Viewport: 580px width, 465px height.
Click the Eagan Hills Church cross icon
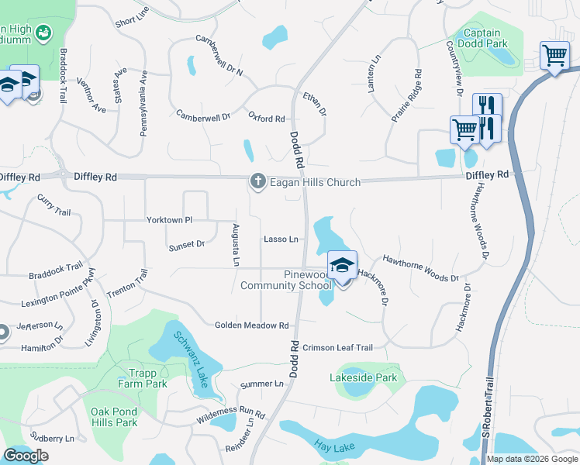[257, 181]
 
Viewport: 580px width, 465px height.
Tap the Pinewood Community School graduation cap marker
[341, 266]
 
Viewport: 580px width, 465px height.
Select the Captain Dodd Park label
[485, 39]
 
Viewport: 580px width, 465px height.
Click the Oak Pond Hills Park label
[114, 417]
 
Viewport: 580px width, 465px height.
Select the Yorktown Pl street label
[169, 220]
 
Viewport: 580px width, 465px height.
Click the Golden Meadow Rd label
[251, 325]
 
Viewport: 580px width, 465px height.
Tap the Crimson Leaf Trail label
[337, 347]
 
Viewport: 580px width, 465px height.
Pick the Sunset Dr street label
[186, 244]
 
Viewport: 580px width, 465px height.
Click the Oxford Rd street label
[267, 119]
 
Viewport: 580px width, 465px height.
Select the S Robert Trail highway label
[487, 418]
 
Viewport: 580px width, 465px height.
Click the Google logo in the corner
[26, 456]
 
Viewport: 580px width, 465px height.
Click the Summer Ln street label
[262, 384]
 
